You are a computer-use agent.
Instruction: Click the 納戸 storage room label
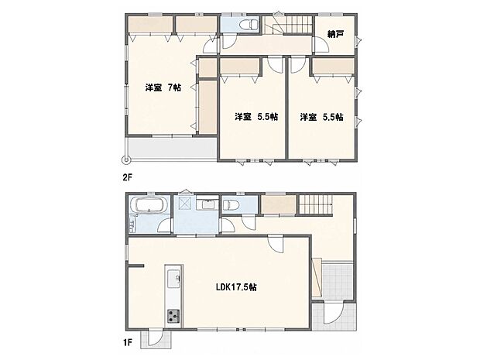click(335, 34)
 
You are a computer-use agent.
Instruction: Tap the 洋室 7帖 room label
click(163, 87)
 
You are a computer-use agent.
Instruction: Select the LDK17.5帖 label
click(236, 287)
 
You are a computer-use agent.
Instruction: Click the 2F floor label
click(127, 177)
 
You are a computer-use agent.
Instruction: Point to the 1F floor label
click(127, 342)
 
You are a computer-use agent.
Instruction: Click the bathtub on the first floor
click(149, 204)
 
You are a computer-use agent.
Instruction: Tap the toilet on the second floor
click(249, 25)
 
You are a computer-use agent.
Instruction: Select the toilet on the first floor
click(231, 204)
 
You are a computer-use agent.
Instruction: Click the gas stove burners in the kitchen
click(173, 316)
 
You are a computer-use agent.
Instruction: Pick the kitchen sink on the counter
click(173, 279)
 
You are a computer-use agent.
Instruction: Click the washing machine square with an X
click(184, 203)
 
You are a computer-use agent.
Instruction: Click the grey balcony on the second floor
click(173, 148)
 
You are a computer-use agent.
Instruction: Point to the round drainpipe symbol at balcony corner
click(125, 159)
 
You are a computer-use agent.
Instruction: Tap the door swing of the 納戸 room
click(321, 46)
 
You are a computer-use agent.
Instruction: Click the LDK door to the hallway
click(275, 243)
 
